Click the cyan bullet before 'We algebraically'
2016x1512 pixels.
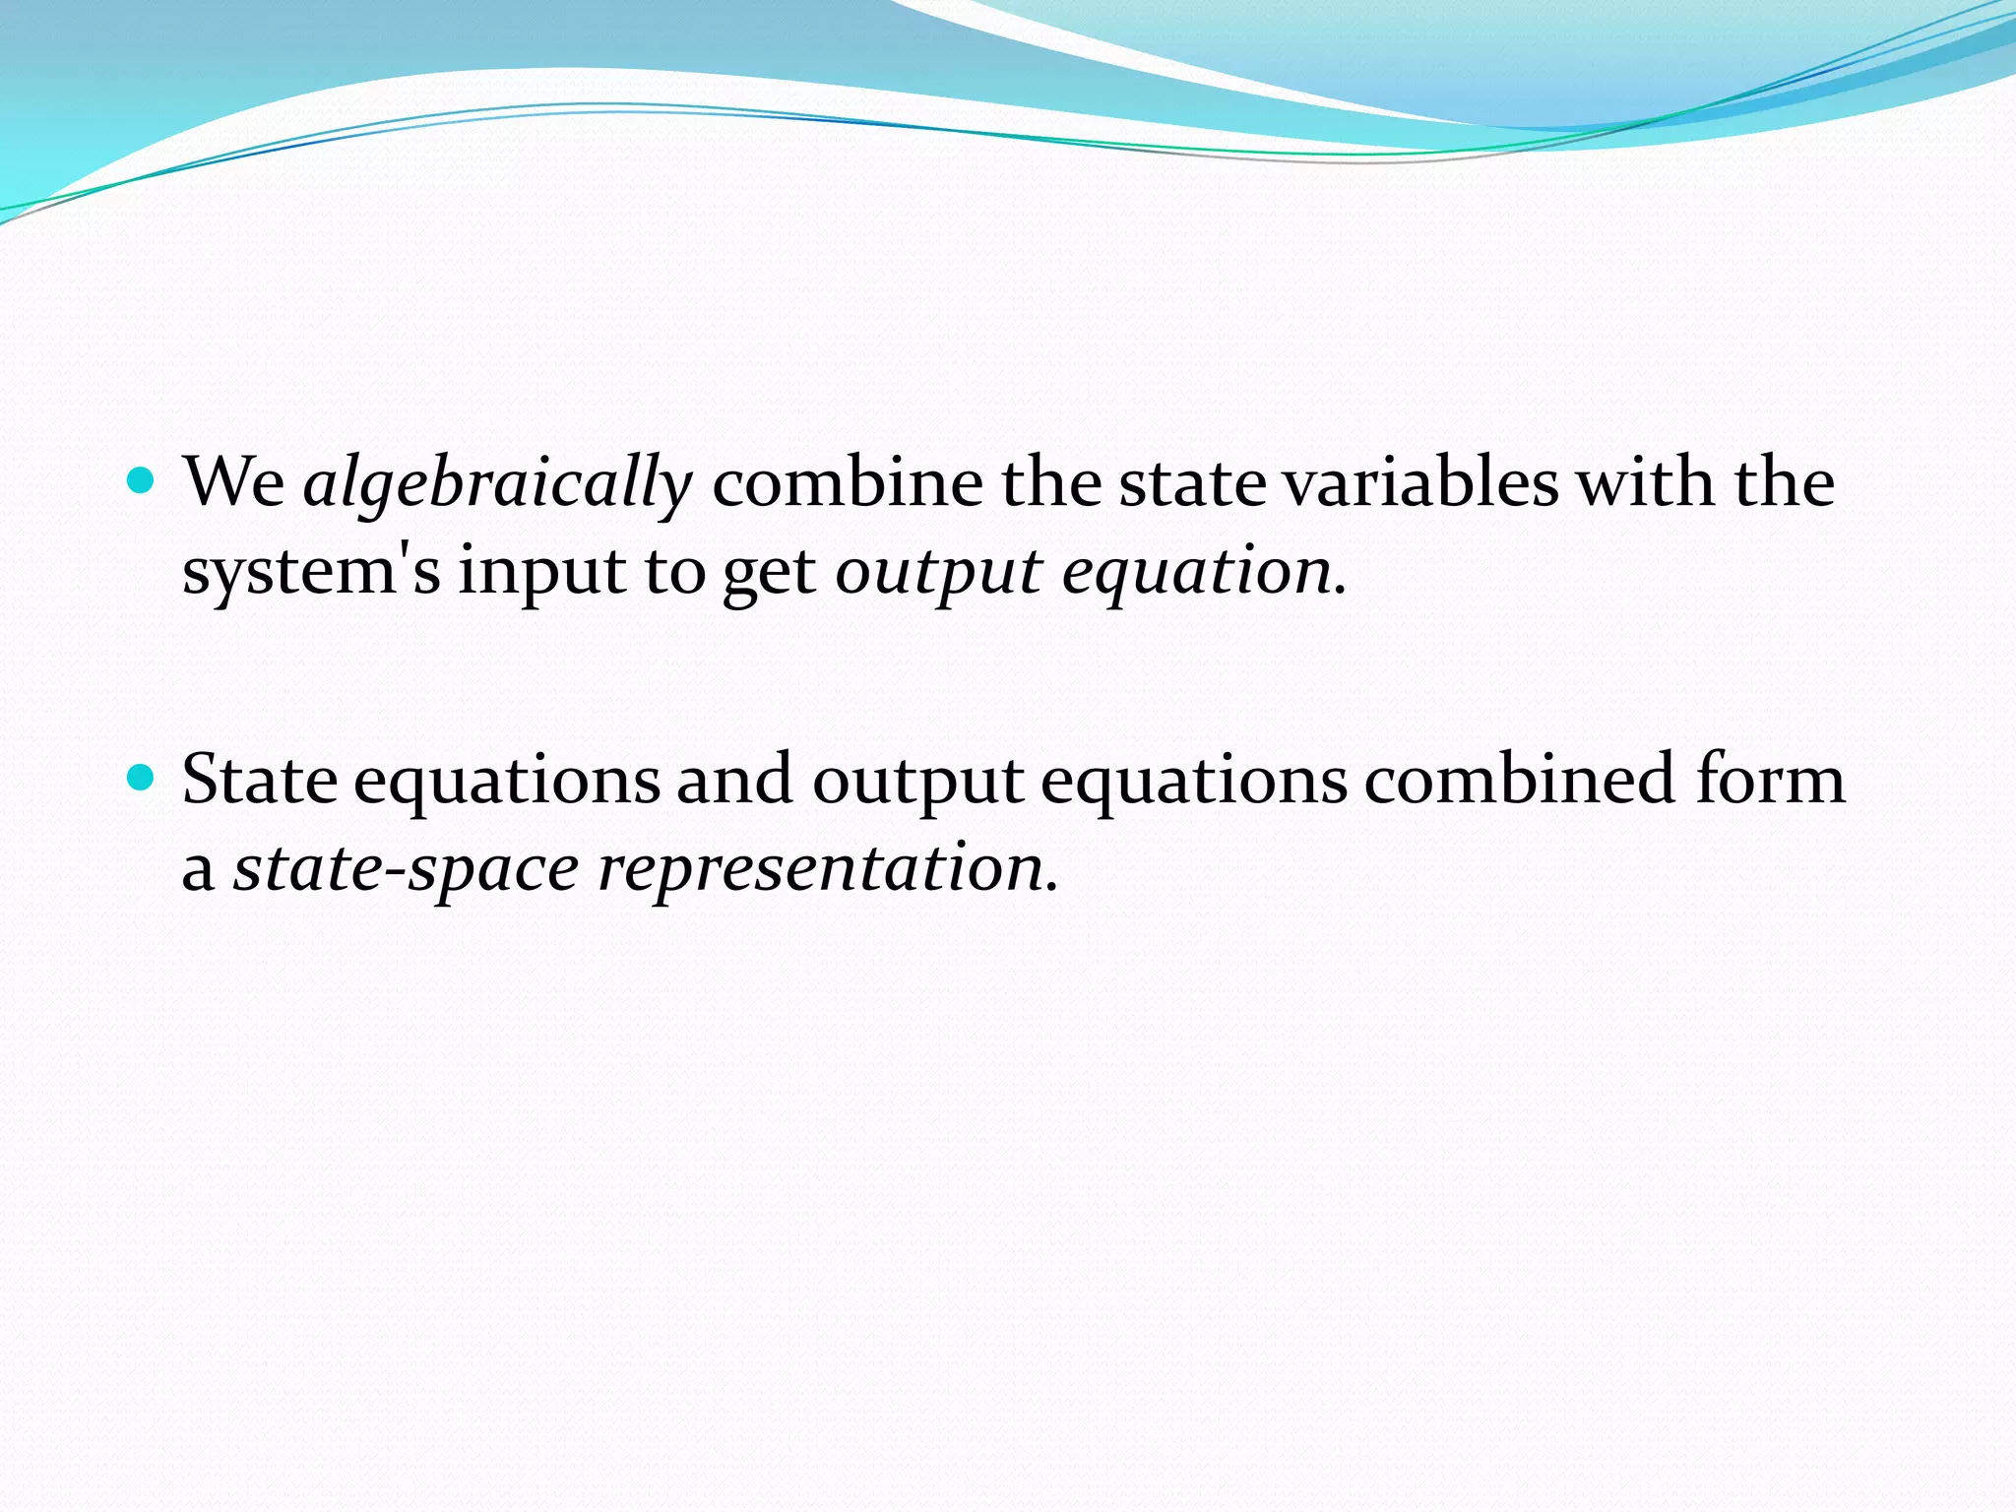click(x=143, y=481)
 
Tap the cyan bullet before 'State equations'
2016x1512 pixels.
click(x=143, y=779)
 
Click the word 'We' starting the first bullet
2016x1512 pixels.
click(x=233, y=483)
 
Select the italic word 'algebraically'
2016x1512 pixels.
click(x=497, y=485)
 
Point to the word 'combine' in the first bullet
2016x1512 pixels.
click(x=847, y=483)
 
